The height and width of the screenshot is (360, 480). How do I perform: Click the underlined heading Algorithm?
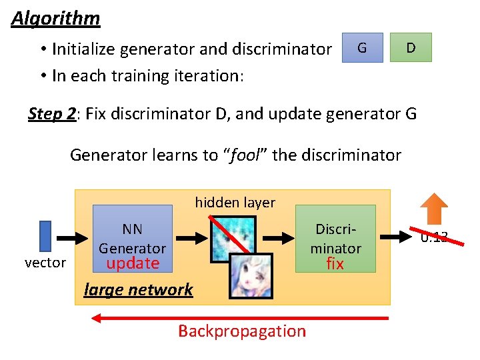tap(55, 18)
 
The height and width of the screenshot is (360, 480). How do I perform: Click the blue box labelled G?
tap(362, 47)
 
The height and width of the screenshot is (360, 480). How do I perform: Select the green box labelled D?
tap(411, 47)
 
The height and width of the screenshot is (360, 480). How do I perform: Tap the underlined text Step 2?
tap(52, 113)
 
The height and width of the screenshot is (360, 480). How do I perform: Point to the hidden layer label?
tap(235, 202)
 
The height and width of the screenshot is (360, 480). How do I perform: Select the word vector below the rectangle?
tap(45, 263)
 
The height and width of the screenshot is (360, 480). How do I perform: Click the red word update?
tap(133, 263)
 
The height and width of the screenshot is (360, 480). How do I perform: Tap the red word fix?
tap(335, 264)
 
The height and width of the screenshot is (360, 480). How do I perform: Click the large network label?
tap(138, 289)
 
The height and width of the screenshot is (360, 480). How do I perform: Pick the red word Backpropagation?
tap(242, 331)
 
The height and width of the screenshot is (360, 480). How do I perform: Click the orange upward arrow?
tap(437, 209)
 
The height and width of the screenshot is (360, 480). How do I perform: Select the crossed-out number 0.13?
tap(434, 237)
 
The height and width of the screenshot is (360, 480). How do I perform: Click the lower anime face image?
tap(251, 277)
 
